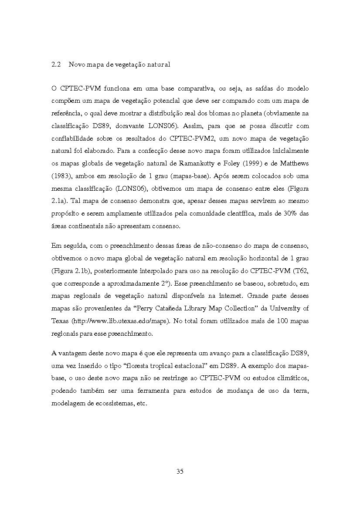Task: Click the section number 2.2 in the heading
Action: point(55,64)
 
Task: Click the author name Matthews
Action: point(292,163)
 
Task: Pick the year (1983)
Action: point(60,176)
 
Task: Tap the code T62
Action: point(301,271)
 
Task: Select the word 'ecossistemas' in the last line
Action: point(110,403)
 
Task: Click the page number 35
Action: point(180,472)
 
